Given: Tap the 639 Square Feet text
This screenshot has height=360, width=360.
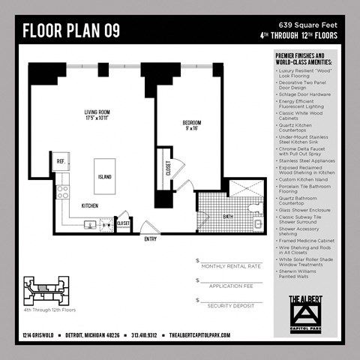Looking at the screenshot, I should pos(309,25).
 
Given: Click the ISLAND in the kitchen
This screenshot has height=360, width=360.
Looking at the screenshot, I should pos(106,178).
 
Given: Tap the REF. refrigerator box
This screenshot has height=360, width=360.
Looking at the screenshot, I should pos(60,160).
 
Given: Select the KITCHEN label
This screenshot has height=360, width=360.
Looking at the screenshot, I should pos(89,205).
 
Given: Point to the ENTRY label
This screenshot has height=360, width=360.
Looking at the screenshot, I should pos(151,239).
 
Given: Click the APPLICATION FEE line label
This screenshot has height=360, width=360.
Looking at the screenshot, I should pos(231,286).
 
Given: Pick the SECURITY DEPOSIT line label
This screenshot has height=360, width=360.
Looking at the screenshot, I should pos(231,307).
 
